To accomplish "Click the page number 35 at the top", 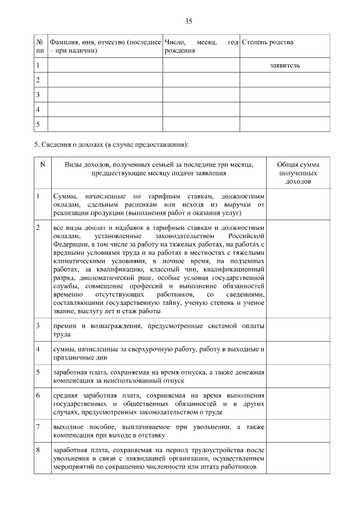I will coord(188,21).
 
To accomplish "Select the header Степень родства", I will coord(267,42).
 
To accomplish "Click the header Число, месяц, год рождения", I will coord(201,46).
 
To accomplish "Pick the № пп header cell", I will coord(40,46).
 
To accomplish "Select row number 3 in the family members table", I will coord(38,94).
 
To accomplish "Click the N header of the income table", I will coord(42,164).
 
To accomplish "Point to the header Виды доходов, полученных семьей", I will coord(158,169).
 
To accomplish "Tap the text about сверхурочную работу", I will coord(157,349).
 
